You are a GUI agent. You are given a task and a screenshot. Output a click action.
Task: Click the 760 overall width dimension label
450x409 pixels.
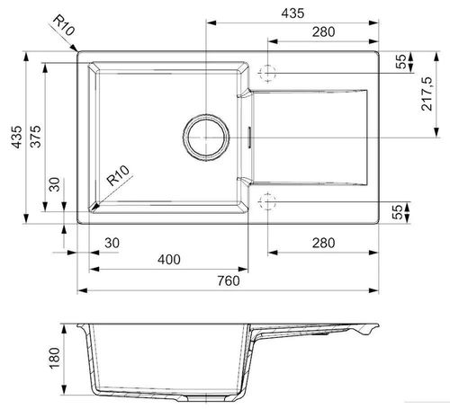(x=229, y=280)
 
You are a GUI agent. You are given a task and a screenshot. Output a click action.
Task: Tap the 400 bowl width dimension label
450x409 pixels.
(x=169, y=260)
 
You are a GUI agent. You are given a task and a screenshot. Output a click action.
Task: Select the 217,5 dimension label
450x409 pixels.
(x=427, y=93)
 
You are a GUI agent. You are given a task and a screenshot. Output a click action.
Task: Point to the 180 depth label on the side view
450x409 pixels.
(x=55, y=358)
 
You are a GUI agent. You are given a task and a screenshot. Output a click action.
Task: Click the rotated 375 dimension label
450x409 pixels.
(x=36, y=137)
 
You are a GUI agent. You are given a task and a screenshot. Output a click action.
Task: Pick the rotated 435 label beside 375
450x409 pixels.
(x=16, y=137)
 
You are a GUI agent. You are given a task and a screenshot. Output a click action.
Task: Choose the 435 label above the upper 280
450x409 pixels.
(x=292, y=13)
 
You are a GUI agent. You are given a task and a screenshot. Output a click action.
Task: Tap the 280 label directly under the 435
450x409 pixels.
(x=323, y=31)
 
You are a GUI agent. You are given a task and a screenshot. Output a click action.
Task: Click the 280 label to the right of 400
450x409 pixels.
(x=323, y=243)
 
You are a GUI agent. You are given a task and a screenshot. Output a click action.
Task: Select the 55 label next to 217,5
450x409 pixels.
(x=400, y=61)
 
